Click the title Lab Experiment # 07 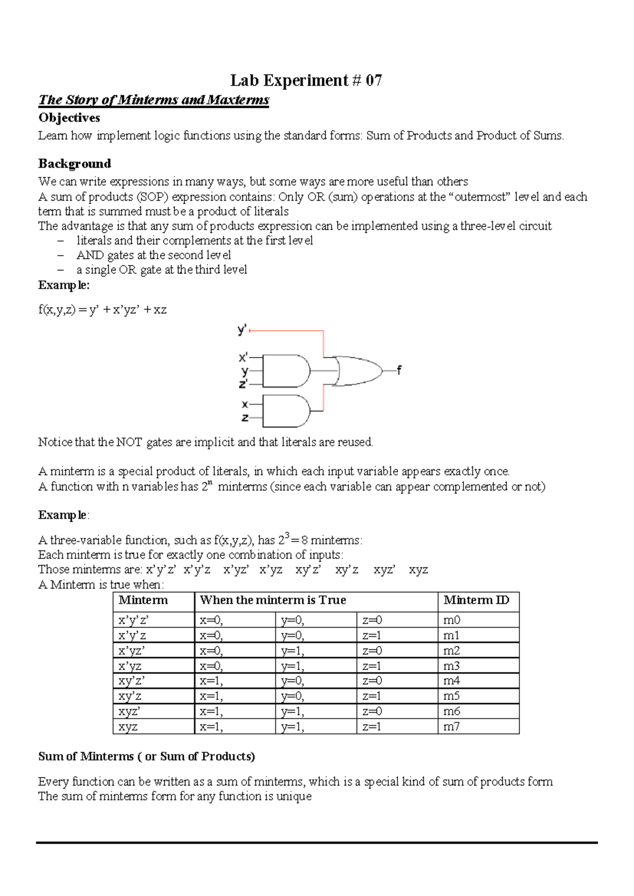click(306, 80)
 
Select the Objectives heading click(69, 118)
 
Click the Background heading click(74, 164)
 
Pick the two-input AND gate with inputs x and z click(286, 411)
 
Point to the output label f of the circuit click(399, 370)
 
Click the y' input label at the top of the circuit click(242, 331)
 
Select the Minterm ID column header click(476, 600)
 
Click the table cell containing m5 click(452, 696)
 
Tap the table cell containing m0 click(452, 620)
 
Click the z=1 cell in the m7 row click(372, 727)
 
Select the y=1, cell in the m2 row click(293, 651)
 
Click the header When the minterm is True click(273, 600)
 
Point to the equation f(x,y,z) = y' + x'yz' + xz click(102, 310)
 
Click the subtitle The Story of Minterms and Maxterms click(154, 100)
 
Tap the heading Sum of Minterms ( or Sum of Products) click(146, 757)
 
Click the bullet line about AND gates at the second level click(154, 255)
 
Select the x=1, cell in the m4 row click(211, 681)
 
